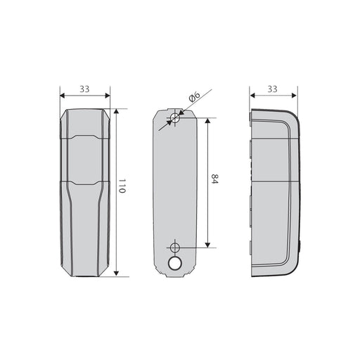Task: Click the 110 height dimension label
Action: pos(122,186)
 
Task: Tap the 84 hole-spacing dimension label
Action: pos(214,179)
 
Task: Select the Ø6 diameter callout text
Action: pos(194,97)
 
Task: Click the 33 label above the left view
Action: pos(84,89)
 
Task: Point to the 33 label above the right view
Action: pos(272,89)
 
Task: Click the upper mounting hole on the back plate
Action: pos(175,117)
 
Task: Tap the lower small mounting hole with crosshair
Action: pos(174,247)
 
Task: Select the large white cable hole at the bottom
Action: pos(175,264)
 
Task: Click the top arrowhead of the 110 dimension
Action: pos(116,111)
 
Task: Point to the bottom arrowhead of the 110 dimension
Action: pos(116,273)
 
